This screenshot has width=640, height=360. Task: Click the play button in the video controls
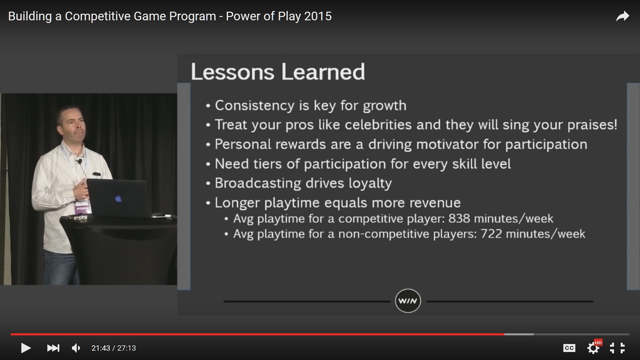[26, 348]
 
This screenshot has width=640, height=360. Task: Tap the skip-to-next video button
[53, 348]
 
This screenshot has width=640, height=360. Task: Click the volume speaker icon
[76, 348]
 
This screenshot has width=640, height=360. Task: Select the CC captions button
[569, 348]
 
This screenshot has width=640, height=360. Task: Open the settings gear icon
[593, 348]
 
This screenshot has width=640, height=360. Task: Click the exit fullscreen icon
[617, 348]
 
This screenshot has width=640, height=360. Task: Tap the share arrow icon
[622, 16]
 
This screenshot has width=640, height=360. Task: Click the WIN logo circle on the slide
[408, 301]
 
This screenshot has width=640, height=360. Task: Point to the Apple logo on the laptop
[118, 199]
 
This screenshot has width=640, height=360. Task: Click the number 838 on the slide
[459, 218]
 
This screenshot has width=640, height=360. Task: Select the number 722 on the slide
[491, 234]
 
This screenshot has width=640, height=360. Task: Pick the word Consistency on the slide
[255, 106]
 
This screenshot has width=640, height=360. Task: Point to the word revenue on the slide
[435, 203]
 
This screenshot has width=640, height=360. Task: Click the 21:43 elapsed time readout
[101, 348]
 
